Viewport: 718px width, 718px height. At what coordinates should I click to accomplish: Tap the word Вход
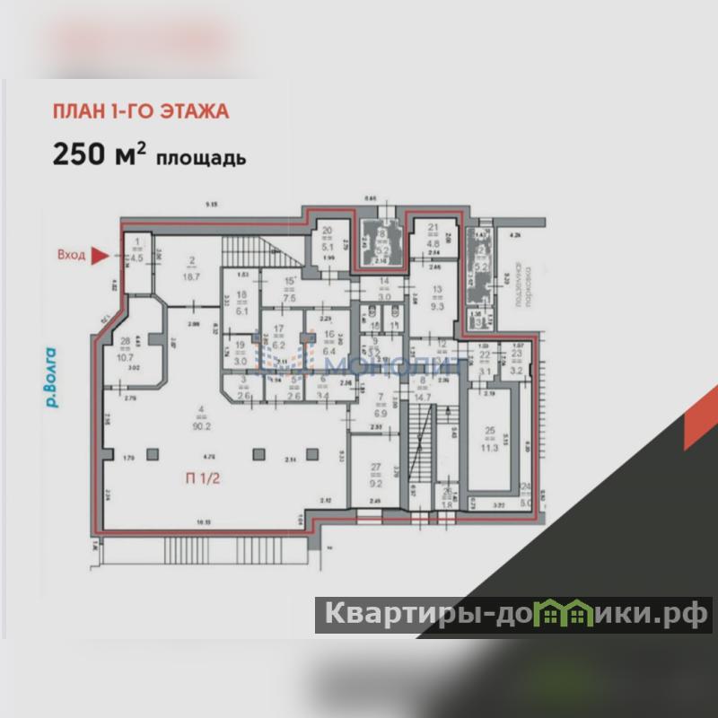tap(71, 256)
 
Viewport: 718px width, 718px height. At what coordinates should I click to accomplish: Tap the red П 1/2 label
tap(203, 478)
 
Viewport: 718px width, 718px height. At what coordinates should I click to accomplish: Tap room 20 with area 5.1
tap(328, 236)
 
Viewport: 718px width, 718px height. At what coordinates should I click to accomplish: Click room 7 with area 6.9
tap(380, 406)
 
